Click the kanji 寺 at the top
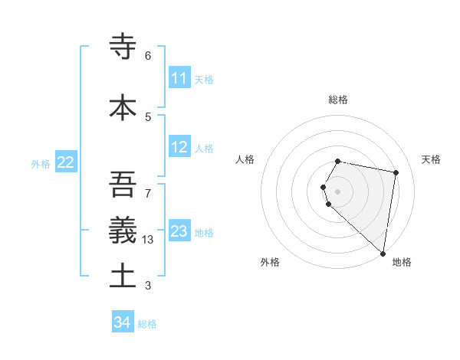(x=123, y=46)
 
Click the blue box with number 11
(x=179, y=78)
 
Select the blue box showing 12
(x=179, y=147)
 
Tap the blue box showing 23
(x=179, y=231)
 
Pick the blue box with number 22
(x=66, y=162)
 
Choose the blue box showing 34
(x=123, y=322)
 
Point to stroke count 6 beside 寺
(x=148, y=56)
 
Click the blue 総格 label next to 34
(x=147, y=324)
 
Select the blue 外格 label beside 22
(x=41, y=163)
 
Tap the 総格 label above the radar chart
(x=338, y=100)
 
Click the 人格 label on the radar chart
(x=245, y=159)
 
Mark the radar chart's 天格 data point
(x=396, y=173)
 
